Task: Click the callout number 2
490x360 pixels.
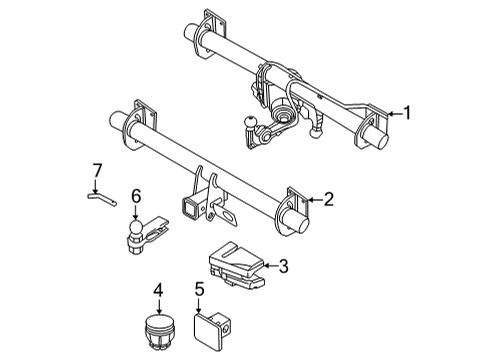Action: [328, 199]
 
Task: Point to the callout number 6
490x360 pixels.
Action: [137, 197]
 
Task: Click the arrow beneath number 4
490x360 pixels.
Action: [158, 309]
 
